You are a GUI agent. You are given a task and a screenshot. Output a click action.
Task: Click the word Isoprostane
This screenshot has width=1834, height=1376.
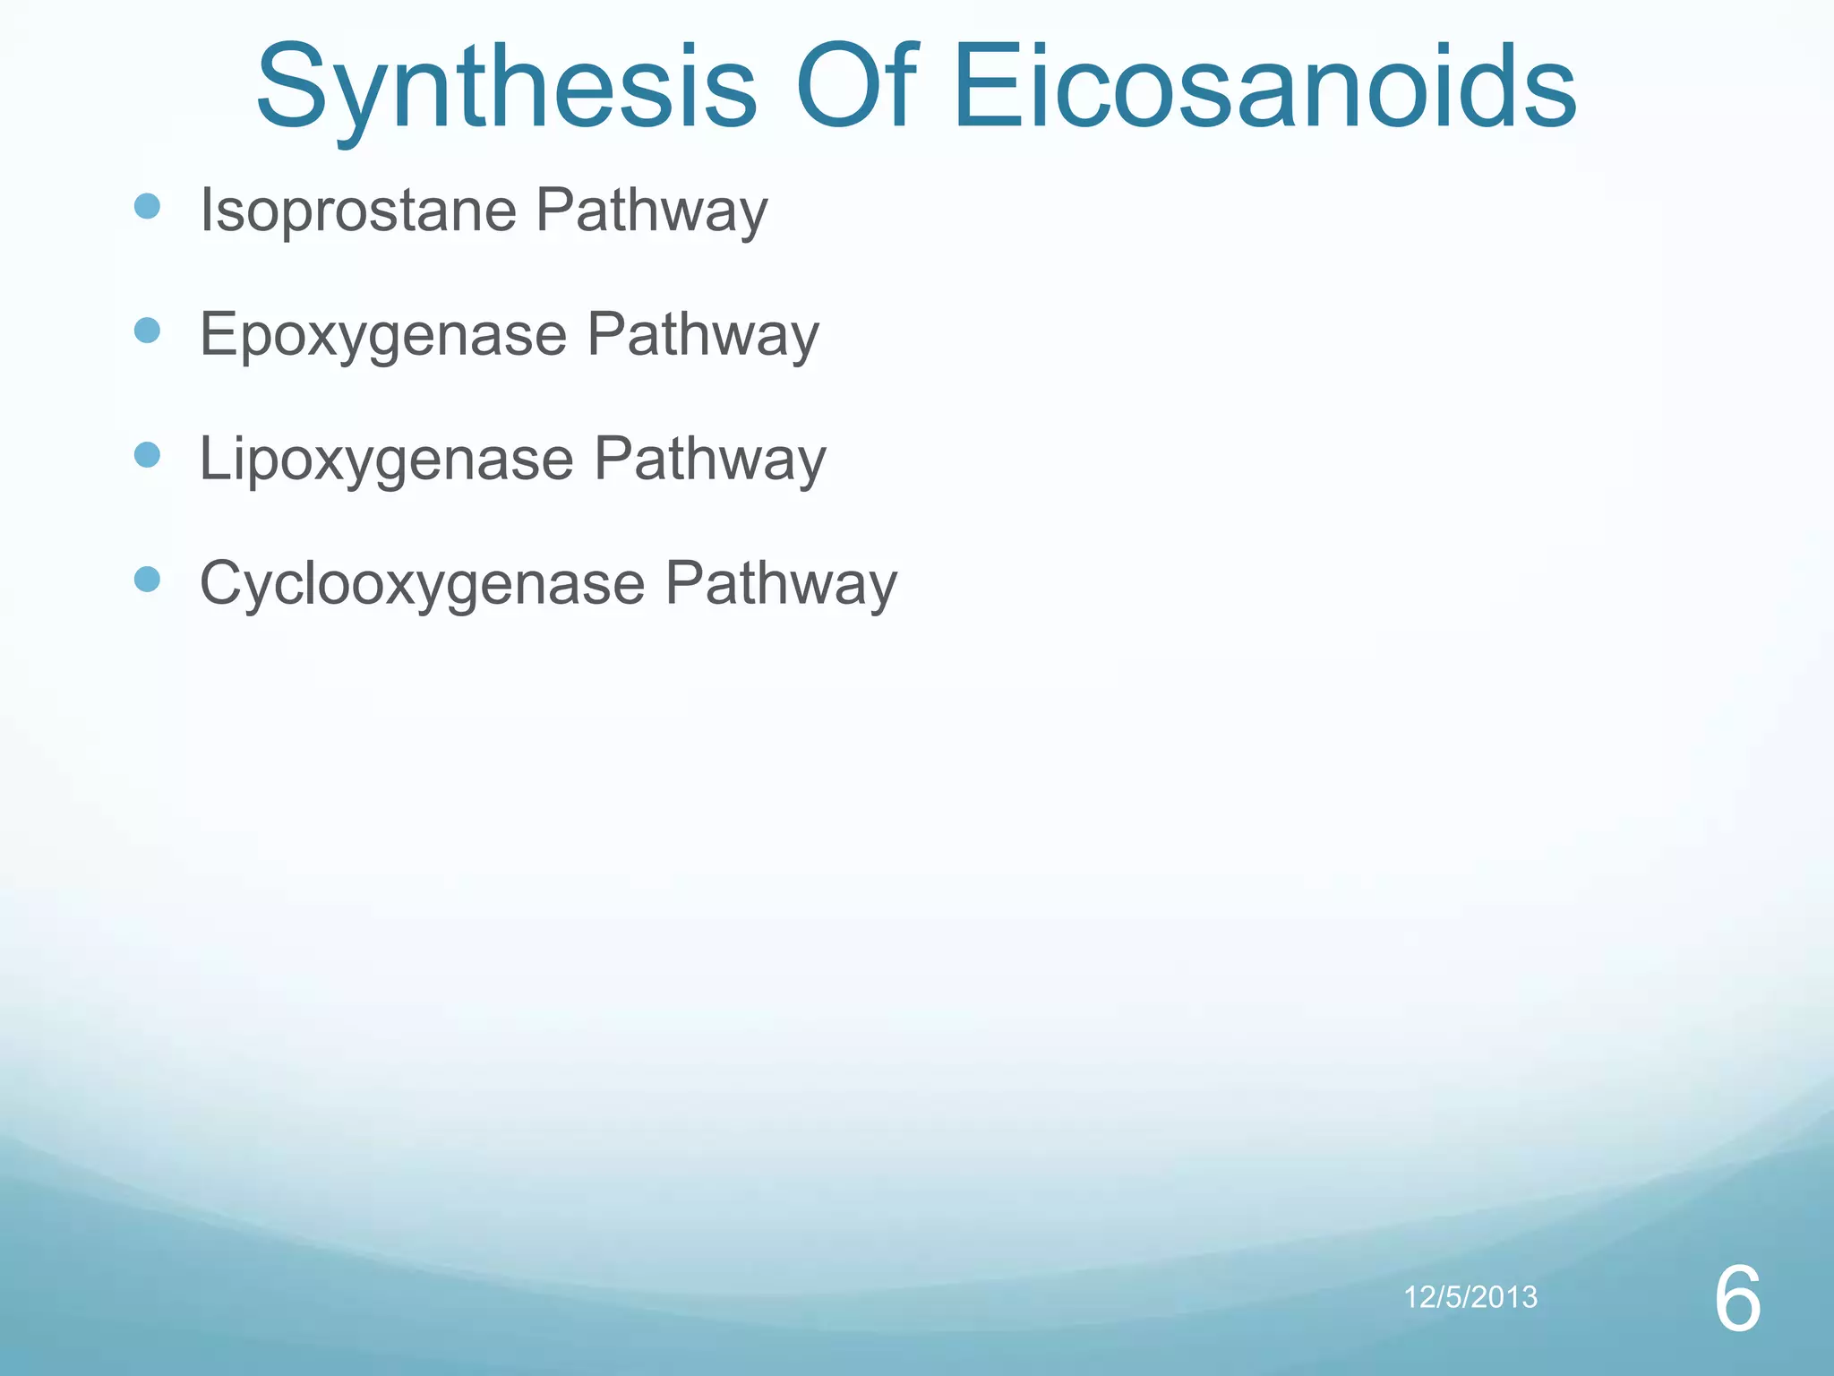point(358,211)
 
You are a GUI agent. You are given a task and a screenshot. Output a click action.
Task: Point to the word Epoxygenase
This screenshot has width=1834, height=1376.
point(383,336)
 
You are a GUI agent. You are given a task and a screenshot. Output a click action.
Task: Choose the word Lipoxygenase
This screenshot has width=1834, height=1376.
point(386,460)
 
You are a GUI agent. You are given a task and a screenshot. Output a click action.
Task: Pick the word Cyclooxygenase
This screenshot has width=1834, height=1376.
point(422,584)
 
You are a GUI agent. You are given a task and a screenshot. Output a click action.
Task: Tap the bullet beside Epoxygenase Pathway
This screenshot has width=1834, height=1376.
point(147,331)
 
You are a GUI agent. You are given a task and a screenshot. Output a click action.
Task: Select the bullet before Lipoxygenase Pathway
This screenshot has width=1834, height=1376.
point(147,455)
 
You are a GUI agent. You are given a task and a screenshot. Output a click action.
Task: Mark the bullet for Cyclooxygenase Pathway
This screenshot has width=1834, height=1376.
point(147,580)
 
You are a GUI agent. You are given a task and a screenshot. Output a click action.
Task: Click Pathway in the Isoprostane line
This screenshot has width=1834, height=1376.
point(652,211)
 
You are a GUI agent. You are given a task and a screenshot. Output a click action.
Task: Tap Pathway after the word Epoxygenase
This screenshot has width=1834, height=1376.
point(703,336)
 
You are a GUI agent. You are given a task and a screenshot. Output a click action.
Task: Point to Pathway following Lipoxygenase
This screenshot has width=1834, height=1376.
point(709,460)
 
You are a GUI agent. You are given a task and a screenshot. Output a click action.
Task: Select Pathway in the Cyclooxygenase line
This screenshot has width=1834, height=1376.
point(780,584)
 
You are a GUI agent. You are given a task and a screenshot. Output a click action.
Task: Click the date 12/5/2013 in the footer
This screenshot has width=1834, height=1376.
point(1470,1296)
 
